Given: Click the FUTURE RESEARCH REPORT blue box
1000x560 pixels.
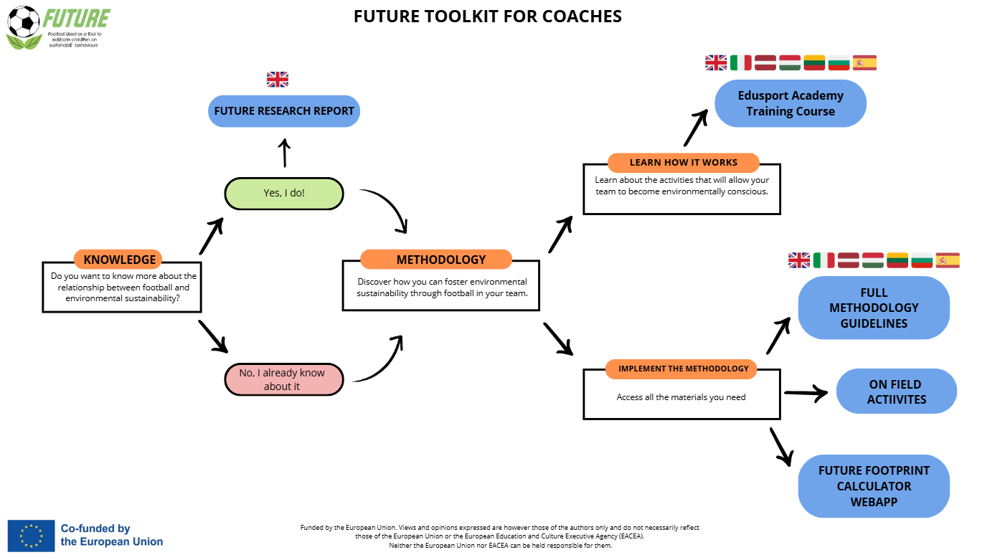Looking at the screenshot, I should point(284,111).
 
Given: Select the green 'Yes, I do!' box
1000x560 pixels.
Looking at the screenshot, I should point(284,193).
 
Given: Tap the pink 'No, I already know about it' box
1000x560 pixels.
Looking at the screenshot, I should point(284,380).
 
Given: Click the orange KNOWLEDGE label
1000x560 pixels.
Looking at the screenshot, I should point(119,260).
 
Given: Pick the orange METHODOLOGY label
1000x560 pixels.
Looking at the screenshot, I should point(436,260).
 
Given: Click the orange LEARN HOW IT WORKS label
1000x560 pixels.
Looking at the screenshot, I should point(683,163).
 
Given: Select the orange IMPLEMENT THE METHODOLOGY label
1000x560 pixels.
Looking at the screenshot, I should point(683,369).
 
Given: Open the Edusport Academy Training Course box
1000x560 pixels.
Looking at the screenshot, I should point(790,103).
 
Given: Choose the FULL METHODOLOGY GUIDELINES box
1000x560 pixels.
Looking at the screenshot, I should point(873,308).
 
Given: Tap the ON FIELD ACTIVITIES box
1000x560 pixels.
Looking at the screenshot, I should point(896,391).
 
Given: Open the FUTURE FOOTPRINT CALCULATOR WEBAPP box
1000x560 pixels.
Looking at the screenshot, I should point(873,485).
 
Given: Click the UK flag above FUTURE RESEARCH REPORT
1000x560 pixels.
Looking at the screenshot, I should point(278,79).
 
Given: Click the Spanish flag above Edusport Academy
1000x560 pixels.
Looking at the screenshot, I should point(864,62).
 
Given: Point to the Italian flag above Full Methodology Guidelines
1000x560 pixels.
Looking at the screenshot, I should point(824,260).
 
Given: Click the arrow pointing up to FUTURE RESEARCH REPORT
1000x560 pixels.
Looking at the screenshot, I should point(284,152).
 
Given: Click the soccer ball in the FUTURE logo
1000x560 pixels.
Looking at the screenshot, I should point(24,22).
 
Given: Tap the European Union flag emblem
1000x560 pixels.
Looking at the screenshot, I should point(31,536).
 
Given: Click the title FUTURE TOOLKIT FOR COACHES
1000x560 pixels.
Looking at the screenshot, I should point(487,16).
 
